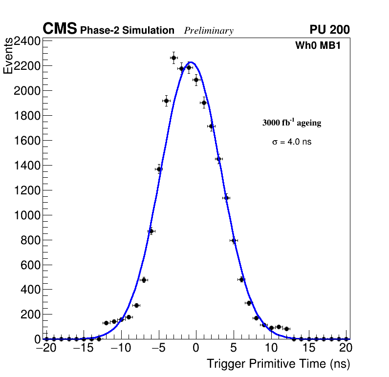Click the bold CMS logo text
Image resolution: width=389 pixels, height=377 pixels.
pos(60,29)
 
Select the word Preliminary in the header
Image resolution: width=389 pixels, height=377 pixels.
pos(209,31)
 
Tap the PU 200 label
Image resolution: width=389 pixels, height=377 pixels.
pos(329,30)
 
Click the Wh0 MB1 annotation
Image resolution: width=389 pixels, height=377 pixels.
pos(318,46)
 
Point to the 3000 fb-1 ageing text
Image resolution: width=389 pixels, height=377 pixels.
pos(292,123)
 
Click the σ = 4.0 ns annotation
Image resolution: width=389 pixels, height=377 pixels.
pos(292,142)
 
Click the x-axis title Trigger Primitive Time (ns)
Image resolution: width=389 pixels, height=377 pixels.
pos(278,364)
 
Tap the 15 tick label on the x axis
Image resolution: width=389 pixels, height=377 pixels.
pos(309,348)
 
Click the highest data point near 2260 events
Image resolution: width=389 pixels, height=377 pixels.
pos(173,58)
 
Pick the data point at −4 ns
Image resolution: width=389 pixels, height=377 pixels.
pos(166,101)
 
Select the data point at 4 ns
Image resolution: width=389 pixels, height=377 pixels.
pos(226,198)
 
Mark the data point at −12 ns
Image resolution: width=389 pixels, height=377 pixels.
pos(106,323)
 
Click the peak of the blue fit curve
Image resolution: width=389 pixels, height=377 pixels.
pos(191,62)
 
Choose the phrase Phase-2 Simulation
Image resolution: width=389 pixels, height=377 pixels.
pos(127,31)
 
